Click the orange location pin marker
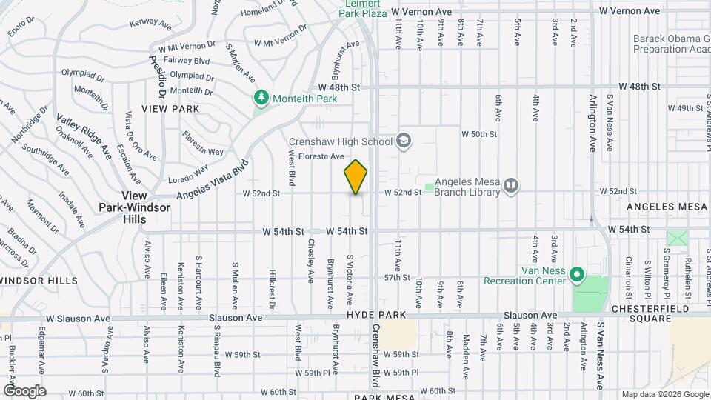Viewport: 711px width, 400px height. click(355, 176)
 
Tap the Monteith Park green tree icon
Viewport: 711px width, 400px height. click(261, 97)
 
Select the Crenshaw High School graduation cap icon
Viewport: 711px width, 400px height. click(404, 141)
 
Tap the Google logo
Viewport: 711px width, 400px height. click(24, 390)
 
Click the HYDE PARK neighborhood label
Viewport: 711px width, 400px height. click(380, 315)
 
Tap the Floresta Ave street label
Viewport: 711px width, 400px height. click(327, 156)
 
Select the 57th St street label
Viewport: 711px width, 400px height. click(398, 278)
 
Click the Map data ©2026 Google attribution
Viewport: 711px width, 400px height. click(665, 394)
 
